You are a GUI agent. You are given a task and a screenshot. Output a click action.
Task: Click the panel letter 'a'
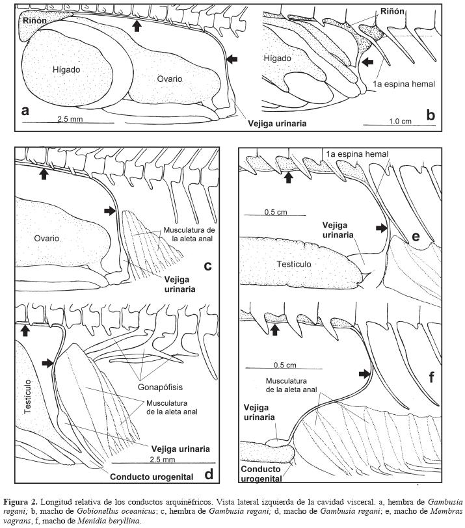(25, 111)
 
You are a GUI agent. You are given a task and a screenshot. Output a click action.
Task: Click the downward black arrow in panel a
(137, 25)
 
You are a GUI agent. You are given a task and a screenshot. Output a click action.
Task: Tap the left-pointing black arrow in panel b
(369, 62)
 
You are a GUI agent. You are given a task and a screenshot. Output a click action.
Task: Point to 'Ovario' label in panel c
(47, 238)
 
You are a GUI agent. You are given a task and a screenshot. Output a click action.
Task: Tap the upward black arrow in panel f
(275, 330)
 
